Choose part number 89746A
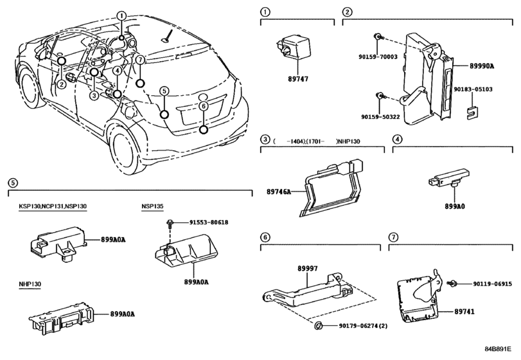point(279,191)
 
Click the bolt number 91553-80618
point(209,222)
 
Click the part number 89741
point(475,310)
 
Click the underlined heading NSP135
point(153,206)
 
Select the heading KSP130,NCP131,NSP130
point(52,206)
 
